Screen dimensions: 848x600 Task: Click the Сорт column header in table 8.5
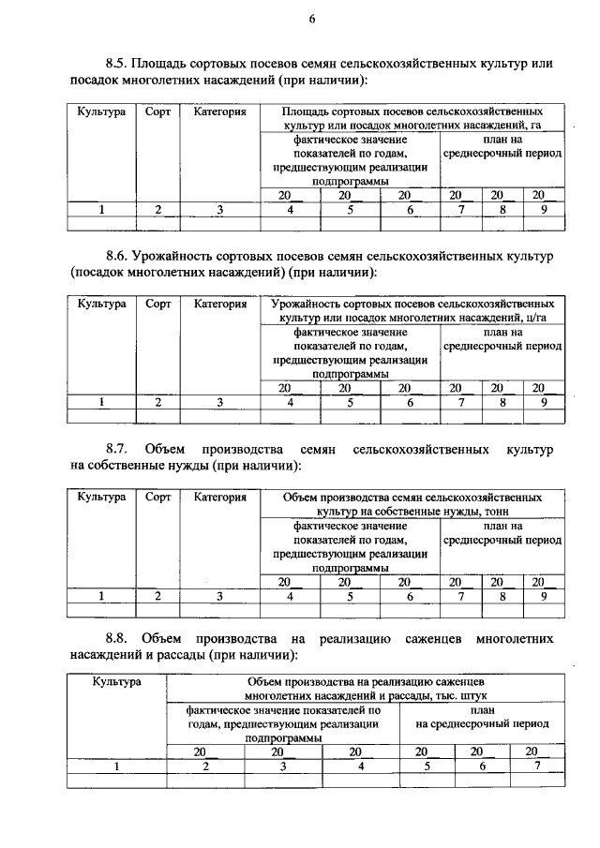tap(158, 112)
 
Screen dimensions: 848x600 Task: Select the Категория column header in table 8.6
tap(220, 305)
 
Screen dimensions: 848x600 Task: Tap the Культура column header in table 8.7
tap(101, 497)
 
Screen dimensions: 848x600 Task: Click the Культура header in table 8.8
tap(117, 681)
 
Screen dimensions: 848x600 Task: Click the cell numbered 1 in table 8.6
tap(101, 402)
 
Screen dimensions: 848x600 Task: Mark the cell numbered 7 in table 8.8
tap(532, 766)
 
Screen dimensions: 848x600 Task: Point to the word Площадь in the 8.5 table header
tap(312, 112)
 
